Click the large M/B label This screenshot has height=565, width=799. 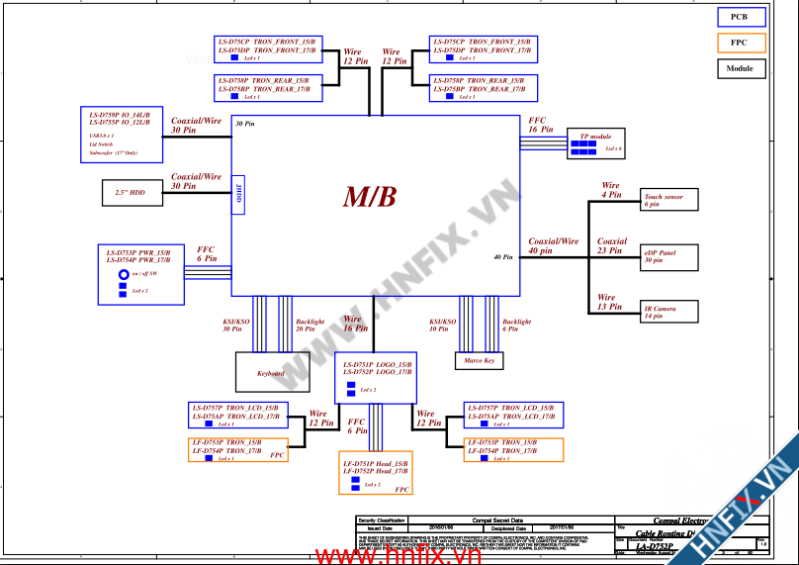(x=370, y=197)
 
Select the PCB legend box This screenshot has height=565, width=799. (x=739, y=17)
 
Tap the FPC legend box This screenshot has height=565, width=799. (x=739, y=43)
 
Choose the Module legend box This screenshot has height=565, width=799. (x=739, y=68)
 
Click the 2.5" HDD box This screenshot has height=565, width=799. (x=133, y=193)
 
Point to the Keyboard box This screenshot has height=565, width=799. (x=271, y=373)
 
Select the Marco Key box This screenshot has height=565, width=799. (x=479, y=361)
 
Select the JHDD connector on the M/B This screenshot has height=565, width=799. (x=238, y=195)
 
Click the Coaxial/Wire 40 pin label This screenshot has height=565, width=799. (x=554, y=245)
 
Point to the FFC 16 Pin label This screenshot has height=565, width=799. (x=540, y=125)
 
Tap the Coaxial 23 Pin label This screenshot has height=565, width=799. (x=611, y=245)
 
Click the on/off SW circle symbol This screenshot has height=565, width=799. (x=124, y=275)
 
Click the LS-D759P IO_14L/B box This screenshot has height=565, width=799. (x=122, y=135)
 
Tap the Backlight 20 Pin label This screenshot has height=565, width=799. (x=310, y=326)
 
